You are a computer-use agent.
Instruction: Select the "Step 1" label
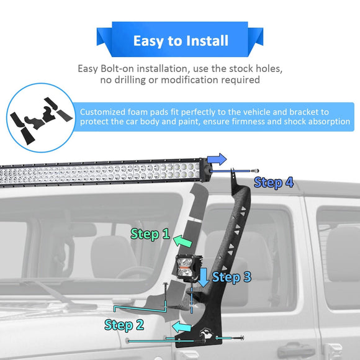(x=150, y=235)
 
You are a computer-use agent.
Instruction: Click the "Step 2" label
(x=124, y=325)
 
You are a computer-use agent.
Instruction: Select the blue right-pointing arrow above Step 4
(x=217, y=160)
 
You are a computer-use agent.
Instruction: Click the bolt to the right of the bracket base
(x=240, y=338)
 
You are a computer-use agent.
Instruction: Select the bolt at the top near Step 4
(x=255, y=169)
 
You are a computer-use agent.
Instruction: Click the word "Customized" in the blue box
(x=106, y=112)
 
